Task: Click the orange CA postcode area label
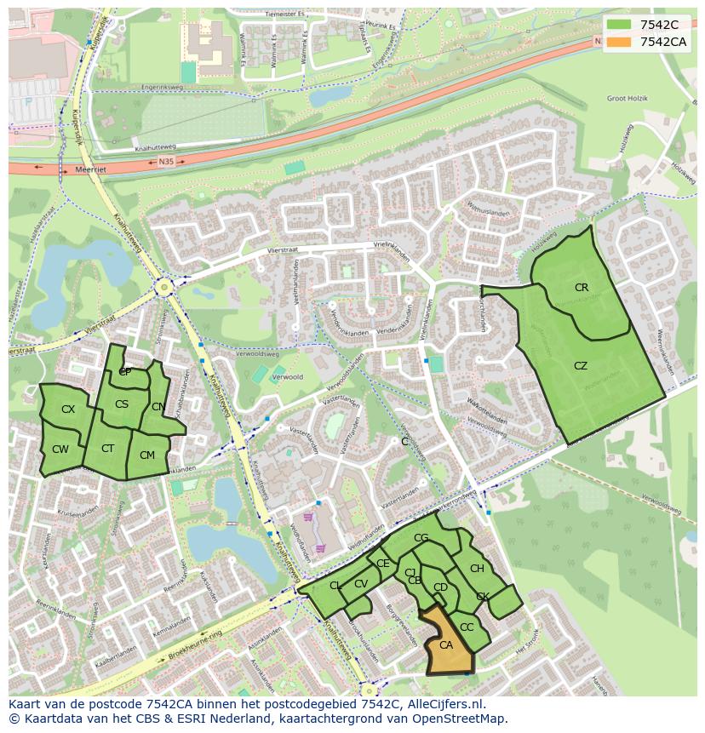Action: [446, 645]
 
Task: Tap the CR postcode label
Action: [582, 288]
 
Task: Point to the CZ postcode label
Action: [581, 366]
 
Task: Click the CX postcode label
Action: [68, 409]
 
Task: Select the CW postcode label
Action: [60, 450]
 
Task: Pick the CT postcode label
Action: [108, 449]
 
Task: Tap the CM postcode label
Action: [147, 455]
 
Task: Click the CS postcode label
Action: [122, 404]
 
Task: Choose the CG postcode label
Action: [421, 538]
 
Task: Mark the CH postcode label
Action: [477, 569]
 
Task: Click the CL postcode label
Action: [335, 585]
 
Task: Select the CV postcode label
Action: [361, 583]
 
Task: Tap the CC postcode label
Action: [467, 627]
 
